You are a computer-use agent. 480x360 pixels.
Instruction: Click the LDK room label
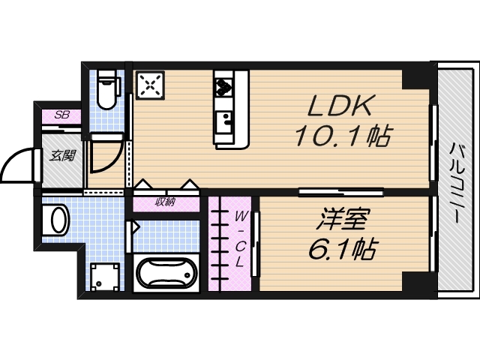[x=337, y=106]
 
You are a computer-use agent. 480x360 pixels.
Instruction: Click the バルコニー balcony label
[x=456, y=180]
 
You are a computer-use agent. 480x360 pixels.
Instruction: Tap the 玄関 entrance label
[x=63, y=156]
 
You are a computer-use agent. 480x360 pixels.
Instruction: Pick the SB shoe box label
[x=64, y=116]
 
